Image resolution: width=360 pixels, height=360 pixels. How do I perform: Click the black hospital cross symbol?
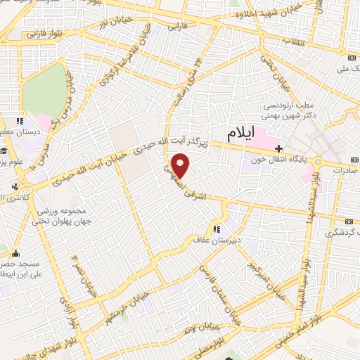279,148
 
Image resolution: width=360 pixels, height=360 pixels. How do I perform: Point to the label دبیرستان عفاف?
217,240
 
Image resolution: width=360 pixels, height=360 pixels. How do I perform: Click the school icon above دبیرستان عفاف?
217,229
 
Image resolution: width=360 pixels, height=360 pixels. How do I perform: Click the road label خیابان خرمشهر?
122,306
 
